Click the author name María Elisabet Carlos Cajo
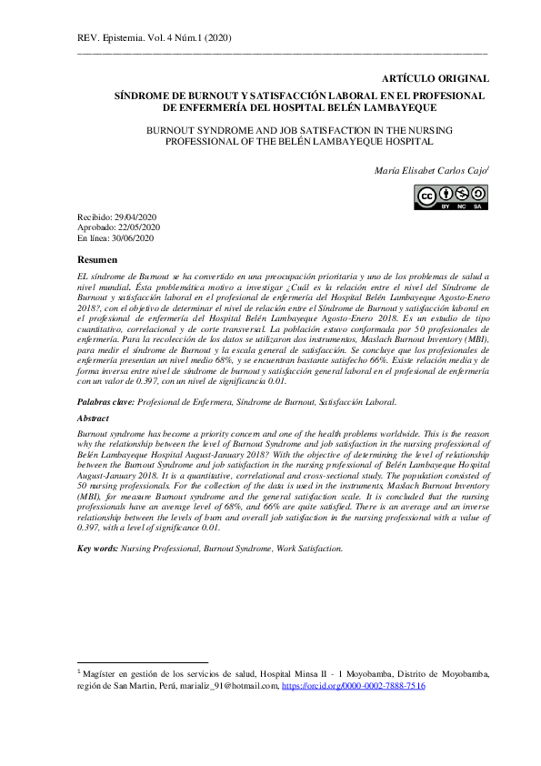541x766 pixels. click(431, 170)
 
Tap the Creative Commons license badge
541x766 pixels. click(452, 197)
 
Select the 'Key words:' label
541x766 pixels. click(96, 549)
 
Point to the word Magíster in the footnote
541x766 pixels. click(101, 674)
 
